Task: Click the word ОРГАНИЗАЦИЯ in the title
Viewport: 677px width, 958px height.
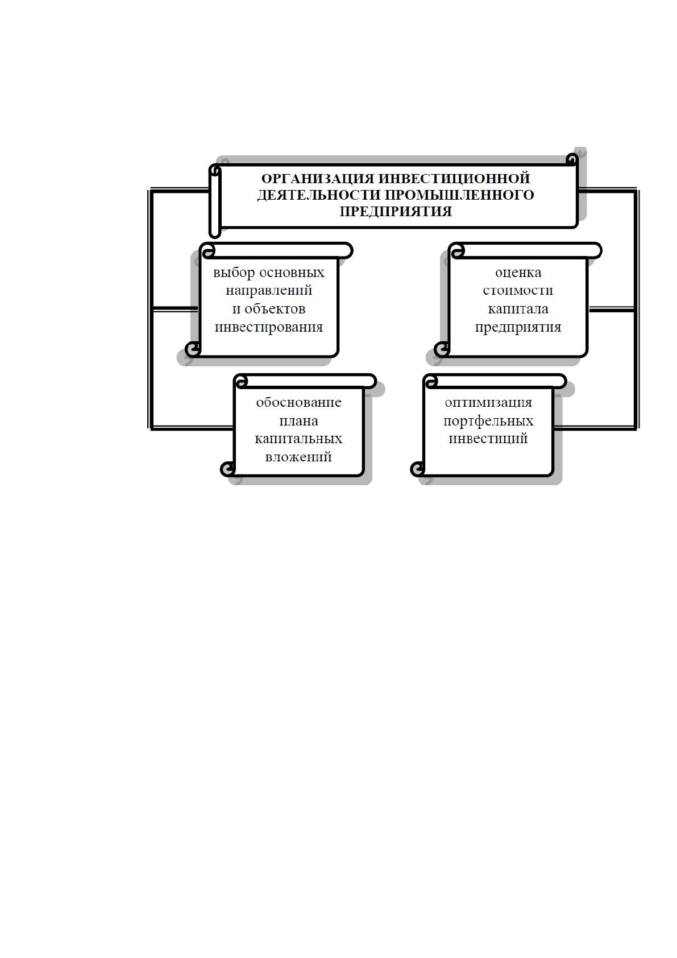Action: tap(318, 178)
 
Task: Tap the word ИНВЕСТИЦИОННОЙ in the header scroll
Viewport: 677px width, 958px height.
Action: tap(454, 178)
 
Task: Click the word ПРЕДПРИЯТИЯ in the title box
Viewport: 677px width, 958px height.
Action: tap(396, 211)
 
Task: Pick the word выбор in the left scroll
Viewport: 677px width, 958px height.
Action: tap(234, 272)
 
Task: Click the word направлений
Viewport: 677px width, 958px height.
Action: tap(269, 290)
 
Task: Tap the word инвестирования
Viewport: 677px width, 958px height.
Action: tap(269, 327)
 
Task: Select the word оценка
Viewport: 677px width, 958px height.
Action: tap(518, 272)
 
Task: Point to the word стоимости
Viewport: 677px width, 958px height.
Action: tap(518, 290)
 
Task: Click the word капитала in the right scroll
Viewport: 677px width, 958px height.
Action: tap(518, 309)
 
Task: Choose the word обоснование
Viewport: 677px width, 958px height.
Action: tap(299, 402)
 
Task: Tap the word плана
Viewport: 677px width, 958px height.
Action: tap(299, 422)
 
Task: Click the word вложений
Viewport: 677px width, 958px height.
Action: tap(299, 457)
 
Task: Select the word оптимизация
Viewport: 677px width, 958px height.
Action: tap(488, 403)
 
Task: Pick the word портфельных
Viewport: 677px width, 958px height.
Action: tap(488, 422)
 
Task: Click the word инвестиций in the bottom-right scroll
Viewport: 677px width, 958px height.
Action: tap(488, 439)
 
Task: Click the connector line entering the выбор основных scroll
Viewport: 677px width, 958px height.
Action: tap(175, 309)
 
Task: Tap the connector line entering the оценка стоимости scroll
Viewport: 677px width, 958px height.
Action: tap(612, 309)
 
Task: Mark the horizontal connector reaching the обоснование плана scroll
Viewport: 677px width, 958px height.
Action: tap(192, 427)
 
